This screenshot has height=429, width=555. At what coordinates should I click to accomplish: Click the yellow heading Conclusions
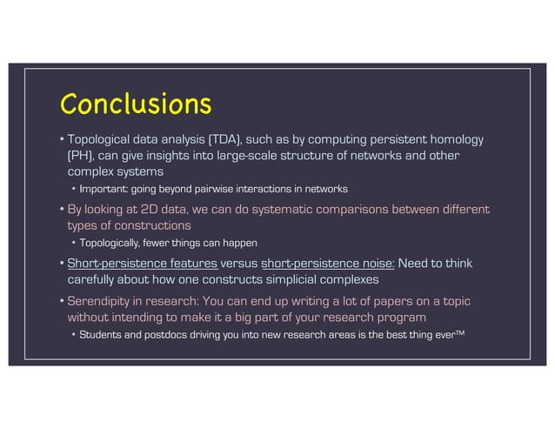pos(135,104)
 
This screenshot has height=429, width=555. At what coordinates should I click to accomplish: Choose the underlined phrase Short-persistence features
pos(142,263)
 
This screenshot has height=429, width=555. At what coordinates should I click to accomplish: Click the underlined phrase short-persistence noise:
pos(328,263)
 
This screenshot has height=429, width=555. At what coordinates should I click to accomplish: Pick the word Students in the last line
pos(102,334)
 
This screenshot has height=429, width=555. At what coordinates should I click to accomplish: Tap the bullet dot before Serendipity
pos(62,301)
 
